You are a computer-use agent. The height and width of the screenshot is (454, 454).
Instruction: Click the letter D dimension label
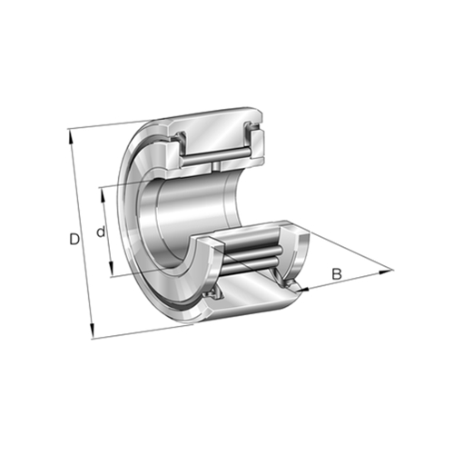click(74, 239)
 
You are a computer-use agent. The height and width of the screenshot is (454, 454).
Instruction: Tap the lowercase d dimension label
click(101, 232)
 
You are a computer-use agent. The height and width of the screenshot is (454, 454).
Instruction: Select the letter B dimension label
click(337, 274)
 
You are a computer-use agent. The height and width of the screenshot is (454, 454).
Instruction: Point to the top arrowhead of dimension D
click(72, 136)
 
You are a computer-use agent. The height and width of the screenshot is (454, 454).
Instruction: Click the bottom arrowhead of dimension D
click(93, 331)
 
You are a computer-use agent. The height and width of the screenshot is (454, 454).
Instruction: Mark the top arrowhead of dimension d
click(103, 195)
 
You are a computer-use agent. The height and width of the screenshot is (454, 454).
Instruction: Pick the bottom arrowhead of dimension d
click(112, 269)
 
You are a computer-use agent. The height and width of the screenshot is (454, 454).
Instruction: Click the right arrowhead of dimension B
click(386, 272)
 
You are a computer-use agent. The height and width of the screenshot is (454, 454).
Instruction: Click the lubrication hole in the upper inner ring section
click(215, 166)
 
